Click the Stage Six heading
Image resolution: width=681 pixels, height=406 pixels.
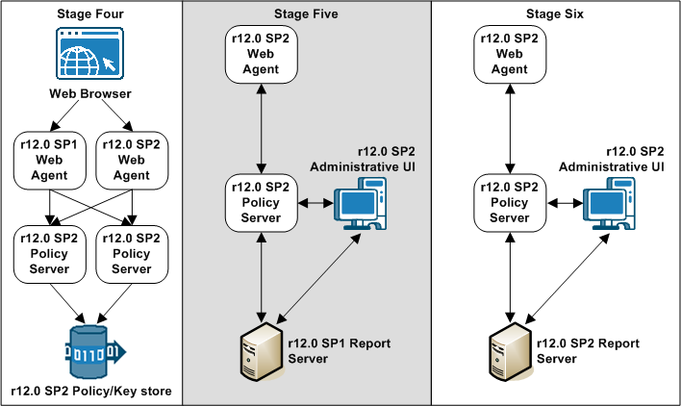[555, 13]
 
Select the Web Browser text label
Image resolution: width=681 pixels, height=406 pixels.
[89, 94]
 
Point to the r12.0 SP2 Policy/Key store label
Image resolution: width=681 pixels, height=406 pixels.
[90, 391]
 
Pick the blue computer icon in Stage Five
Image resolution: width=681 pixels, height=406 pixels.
[357, 207]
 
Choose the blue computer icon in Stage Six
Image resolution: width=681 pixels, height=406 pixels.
[607, 207]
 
